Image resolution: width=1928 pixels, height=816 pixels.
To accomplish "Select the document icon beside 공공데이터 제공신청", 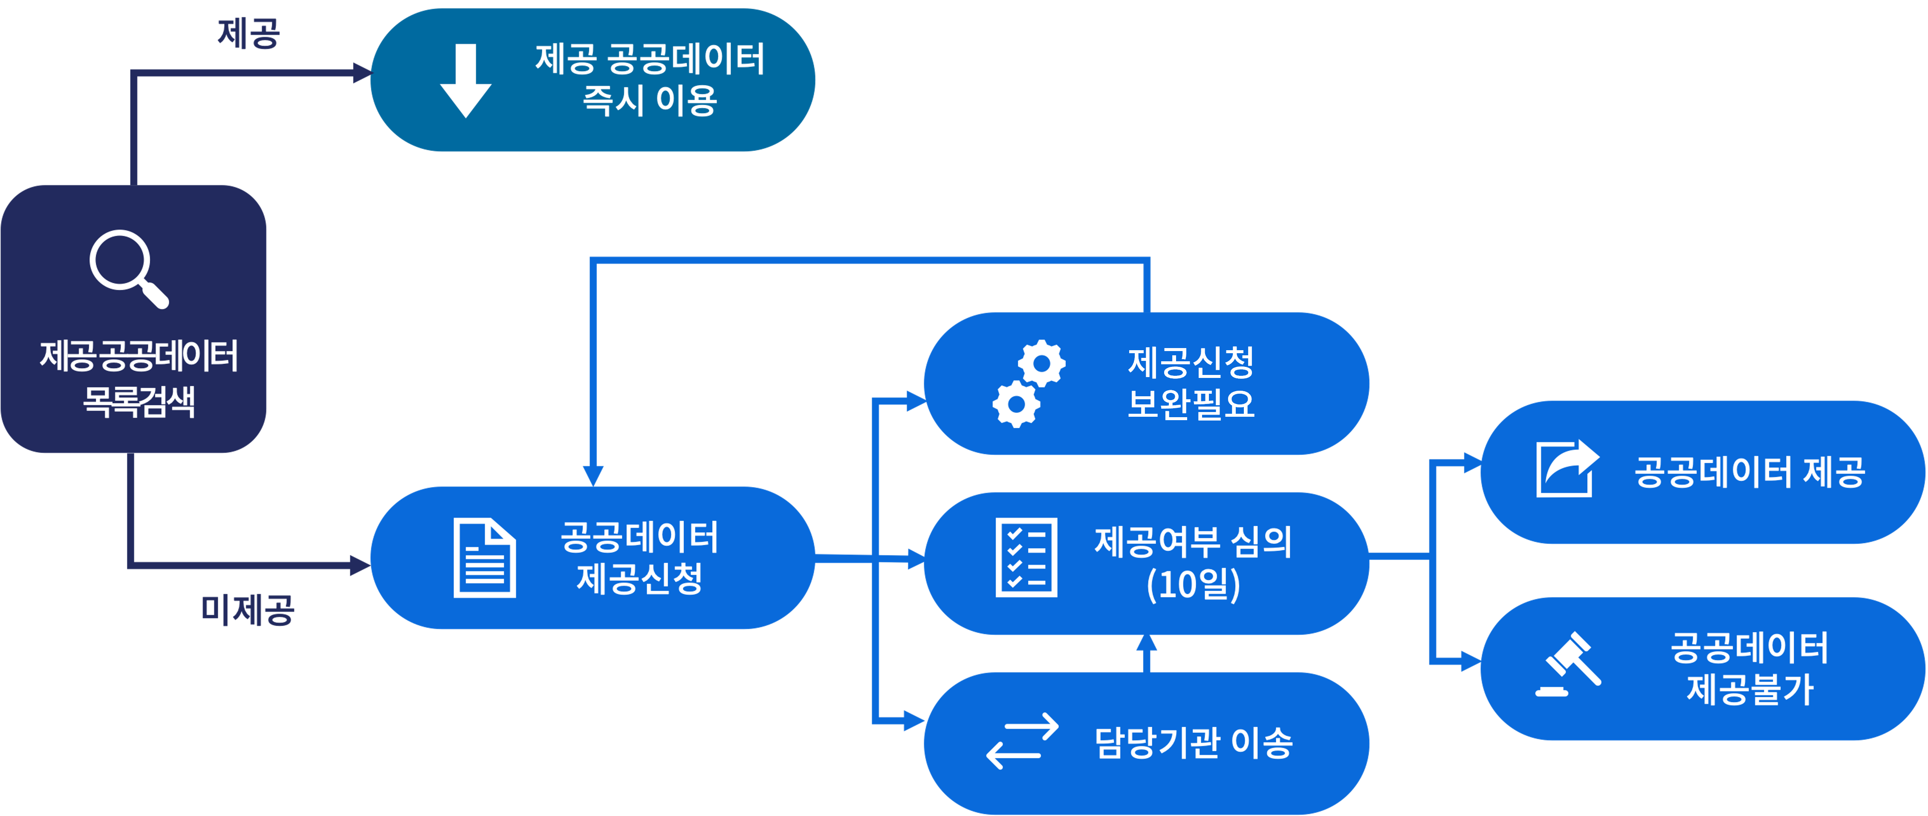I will tap(484, 558).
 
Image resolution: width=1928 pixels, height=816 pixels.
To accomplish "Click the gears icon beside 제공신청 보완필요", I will tap(1029, 384).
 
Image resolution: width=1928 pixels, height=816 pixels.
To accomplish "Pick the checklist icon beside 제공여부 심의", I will tap(1026, 558).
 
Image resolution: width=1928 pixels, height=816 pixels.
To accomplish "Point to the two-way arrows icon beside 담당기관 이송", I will tap(1022, 741).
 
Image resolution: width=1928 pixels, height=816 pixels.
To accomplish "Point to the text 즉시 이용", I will tap(650, 100).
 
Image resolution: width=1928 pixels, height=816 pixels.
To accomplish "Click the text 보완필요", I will tap(1191, 404).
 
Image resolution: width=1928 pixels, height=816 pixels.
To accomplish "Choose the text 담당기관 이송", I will tap(1193, 743).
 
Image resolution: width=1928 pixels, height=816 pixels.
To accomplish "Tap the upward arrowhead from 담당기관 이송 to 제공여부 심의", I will tap(1146, 644).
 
